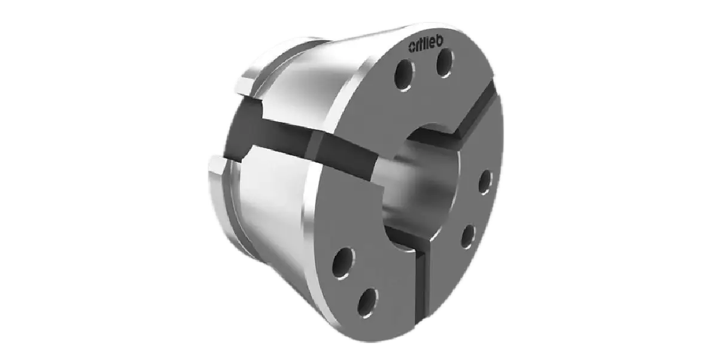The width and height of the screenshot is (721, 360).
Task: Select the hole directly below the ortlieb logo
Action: coord(446,63)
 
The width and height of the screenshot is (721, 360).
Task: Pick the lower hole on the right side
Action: coord(469,236)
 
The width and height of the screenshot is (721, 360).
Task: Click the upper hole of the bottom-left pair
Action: coord(344,263)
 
